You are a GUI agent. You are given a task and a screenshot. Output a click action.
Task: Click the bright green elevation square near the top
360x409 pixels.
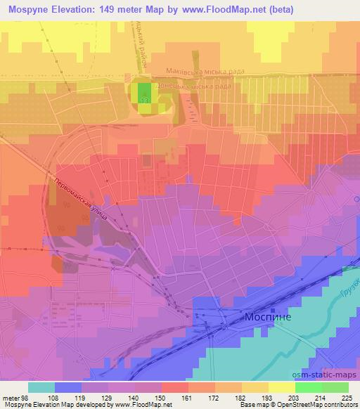[x=144, y=93]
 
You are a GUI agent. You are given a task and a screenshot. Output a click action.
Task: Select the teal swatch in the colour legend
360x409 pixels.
[x=41, y=387]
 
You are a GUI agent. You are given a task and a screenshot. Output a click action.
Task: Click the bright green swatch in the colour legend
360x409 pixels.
[x=309, y=387]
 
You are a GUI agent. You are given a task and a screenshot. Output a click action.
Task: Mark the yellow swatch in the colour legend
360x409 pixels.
[x=282, y=387]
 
